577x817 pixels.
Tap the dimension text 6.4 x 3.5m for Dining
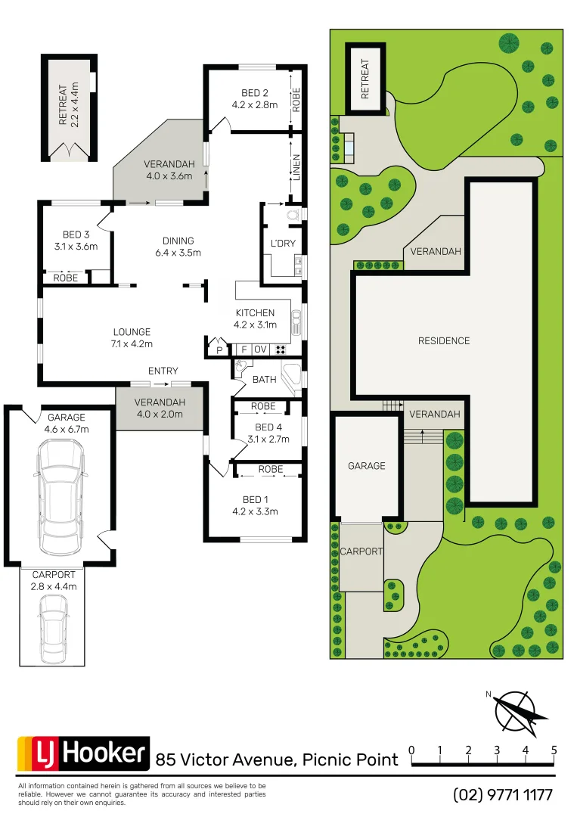tap(178, 253)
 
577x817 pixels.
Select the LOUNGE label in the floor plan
tap(132, 331)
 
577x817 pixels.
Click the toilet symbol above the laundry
tap(293, 214)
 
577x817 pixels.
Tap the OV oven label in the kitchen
tap(260, 349)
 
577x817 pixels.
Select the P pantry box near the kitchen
tap(220, 350)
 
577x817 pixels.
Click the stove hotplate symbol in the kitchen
tap(281, 349)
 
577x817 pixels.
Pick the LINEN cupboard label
tap(296, 168)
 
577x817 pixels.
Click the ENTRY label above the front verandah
tap(163, 371)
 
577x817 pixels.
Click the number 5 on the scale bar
tap(554, 750)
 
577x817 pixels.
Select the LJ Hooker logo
tap(83, 753)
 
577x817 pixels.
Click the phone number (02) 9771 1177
tap(503, 795)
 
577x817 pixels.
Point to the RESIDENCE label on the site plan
tap(444, 341)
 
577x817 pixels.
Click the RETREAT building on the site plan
tap(366, 79)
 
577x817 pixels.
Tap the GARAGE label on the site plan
tap(367, 466)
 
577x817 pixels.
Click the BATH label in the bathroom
tap(264, 380)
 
